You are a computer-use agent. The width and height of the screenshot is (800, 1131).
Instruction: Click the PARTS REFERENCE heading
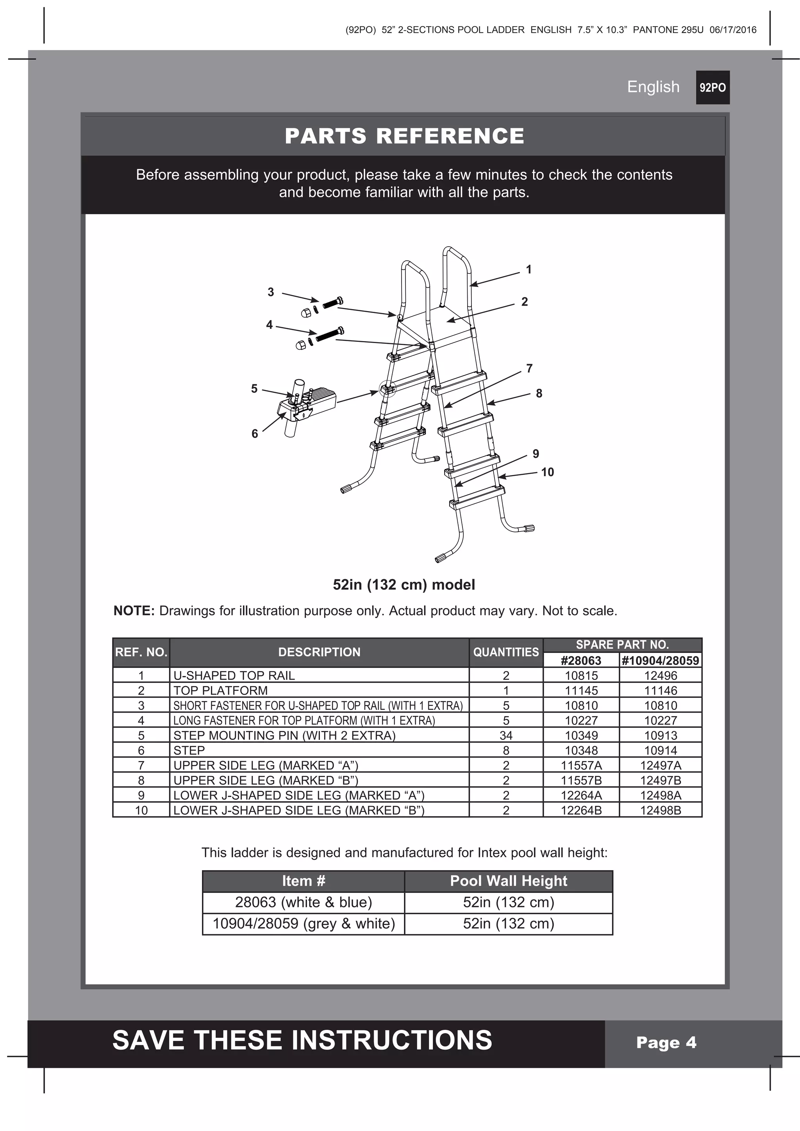point(404,136)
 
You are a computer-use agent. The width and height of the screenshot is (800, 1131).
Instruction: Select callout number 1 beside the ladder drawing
point(529,269)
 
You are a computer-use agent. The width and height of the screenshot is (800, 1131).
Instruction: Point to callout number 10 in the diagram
point(547,472)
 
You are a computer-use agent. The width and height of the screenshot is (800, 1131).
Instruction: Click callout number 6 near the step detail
point(254,434)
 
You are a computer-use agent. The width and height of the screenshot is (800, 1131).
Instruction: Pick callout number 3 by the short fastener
point(271,292)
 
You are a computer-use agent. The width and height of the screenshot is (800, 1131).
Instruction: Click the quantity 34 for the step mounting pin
point(506,735)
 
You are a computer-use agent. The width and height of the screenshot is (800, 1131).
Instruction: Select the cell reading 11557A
point(581,765)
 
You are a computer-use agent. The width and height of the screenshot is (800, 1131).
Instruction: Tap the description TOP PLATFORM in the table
point(220,691)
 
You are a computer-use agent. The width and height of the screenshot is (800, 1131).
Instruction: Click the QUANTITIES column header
point(506,652)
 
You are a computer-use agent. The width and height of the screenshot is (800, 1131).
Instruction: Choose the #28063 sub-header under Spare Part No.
point(581,661)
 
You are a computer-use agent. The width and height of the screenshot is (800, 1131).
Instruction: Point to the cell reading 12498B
point(661,810)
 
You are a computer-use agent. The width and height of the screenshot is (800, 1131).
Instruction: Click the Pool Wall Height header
point(508,881)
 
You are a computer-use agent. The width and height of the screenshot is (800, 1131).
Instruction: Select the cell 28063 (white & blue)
point(303,902)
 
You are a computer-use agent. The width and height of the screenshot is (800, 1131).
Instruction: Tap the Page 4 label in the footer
point(666,1042)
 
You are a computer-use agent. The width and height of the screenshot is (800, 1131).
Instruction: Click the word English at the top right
point(653,87)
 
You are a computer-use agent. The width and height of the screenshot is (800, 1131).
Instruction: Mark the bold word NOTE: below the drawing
point(134,611)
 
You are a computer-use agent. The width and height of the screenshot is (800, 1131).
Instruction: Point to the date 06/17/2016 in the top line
point(732,30)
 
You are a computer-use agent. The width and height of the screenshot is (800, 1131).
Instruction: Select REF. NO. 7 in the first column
point(141,765)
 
